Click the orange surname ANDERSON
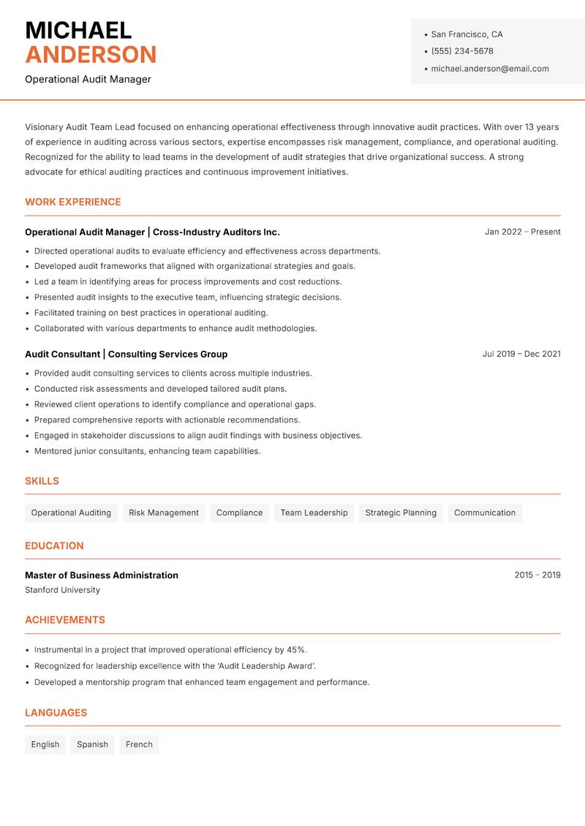pyautogui.click(x=91, y=55)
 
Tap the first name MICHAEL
pyautogui.click(x=78, y=30)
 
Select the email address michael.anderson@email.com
pyautogui.click(x=489, y=69)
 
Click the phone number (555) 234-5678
pyautogui.click(x=461, y=51)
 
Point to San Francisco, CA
pyautogui.click(x=467, y=34)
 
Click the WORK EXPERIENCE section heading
pyautogui.click(x=73, y=202)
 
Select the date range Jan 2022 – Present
pyautogui.click(x=522, y=232)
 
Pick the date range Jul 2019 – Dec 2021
pyautogui.click(x=521, y=354)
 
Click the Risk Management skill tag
pyautogui.click(x=164, y=512)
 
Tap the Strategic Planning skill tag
pyautogui.click(x=401, y=512)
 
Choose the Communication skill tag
pyautogui.click(x=485, y=512)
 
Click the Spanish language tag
pyautogui.click(x=92, y=744)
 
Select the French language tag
pyautogui.click(x=139, y=744)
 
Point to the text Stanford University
pyautogui.click(x=62, y=590)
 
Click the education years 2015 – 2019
pyautogui.click(x=537, y=575)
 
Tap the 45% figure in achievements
pyautogui.click(x=295, y=650)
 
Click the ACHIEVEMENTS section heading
pyautogui.click(x=65, y=620)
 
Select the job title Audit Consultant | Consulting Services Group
pyautogui.click(x=126, y=354)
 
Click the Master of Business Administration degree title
pyautogui.click(x=102, y=575)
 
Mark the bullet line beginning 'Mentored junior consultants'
pyautogui.click(x=147, y=451)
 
